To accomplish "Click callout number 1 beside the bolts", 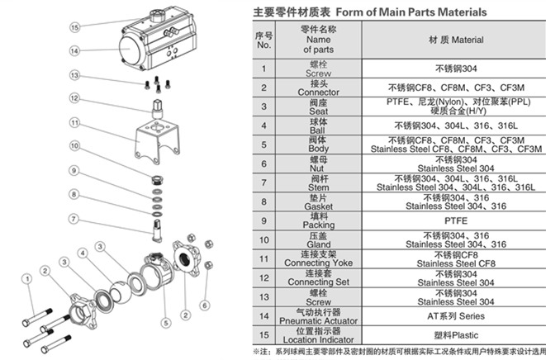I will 27,279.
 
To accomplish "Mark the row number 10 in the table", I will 264,240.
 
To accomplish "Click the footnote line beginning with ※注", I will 396,353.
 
